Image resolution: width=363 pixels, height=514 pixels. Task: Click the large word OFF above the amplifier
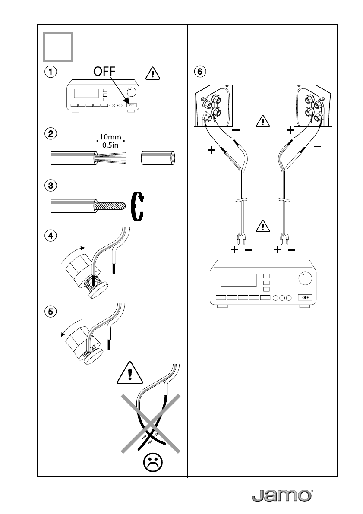[105, 71]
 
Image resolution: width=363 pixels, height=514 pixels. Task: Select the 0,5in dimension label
[111, 145]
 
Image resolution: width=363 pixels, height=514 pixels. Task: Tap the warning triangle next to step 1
[153, 73]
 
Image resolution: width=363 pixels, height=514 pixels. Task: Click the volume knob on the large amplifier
[306, 279]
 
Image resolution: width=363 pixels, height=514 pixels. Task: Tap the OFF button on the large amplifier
[305, 297]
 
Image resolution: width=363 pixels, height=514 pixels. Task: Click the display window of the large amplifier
[238, 280]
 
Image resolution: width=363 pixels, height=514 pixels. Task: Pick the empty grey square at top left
[58, 47]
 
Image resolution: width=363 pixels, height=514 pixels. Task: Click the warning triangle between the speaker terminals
[263, 121]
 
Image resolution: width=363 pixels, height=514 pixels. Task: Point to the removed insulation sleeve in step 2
[159, 158]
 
